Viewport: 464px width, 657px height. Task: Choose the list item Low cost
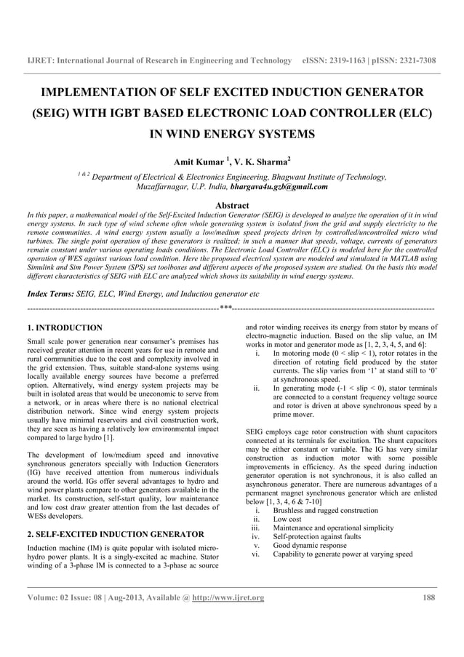pyautogui.click(x=289, y=519)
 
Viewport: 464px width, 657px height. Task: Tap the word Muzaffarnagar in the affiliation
pyautogui.click(x=166, y=187)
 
